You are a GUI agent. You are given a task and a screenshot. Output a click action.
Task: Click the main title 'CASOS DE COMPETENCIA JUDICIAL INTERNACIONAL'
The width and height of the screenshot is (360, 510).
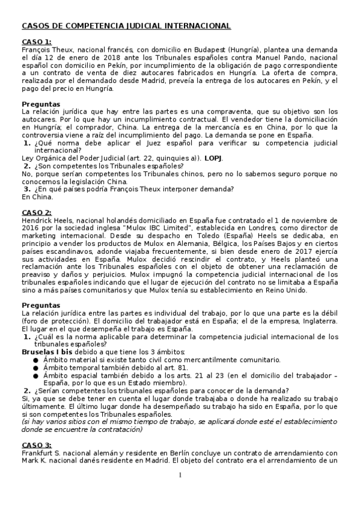pyautogui.click(x=126, y=26)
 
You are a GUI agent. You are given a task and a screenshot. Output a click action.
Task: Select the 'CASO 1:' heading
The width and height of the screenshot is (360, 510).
pyautogui.click(x=37, y=41)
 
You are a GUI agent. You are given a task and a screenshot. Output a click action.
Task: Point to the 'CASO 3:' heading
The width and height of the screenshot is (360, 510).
pyautogui.click(x=37, y=444)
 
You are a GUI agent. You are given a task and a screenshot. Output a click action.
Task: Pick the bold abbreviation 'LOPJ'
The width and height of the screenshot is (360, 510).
pyautogui.click(x=213, y=158)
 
